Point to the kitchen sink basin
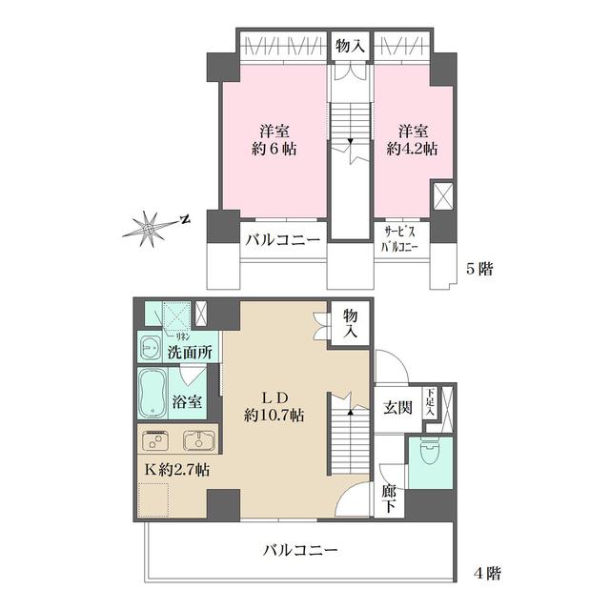199,440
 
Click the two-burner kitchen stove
153,440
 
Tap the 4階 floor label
486,574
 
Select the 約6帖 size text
272,149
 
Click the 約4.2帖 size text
412,149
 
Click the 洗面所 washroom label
190,353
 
